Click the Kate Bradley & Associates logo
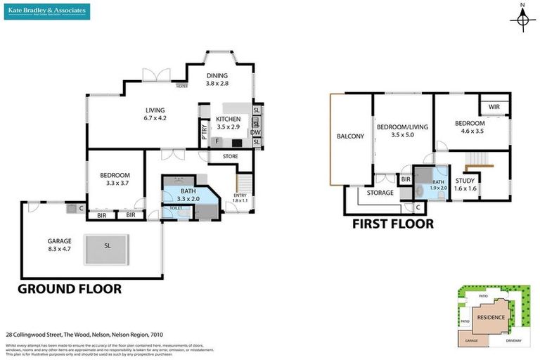tap(46, 11)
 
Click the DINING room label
tap(217, 79)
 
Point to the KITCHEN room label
tap(228, 123)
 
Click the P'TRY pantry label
tap(203, 134)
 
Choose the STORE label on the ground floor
tap(230, 156)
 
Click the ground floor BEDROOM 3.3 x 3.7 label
tap(115, 179)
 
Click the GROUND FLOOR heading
tap(69, 289)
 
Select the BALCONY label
tap(350, 136)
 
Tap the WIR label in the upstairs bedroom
tap(494, 107)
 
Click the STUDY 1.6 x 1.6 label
tap(465, 184)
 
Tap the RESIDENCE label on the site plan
tap(491, 317)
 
